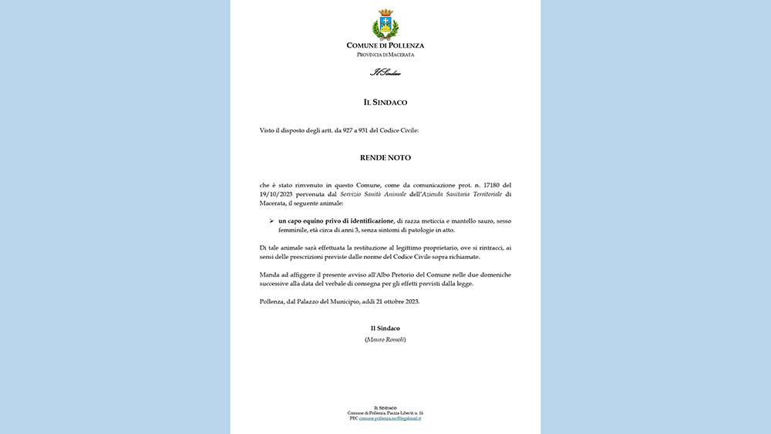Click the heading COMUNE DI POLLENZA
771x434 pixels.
click(x=385, y=45)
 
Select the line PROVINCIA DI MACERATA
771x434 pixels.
click(x=385, y=55)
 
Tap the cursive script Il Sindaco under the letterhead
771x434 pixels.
click(x=385, y=73)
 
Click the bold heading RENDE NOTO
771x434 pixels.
click(x=385, y=158)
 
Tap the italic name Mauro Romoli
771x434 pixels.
click(x=385, y=339)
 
